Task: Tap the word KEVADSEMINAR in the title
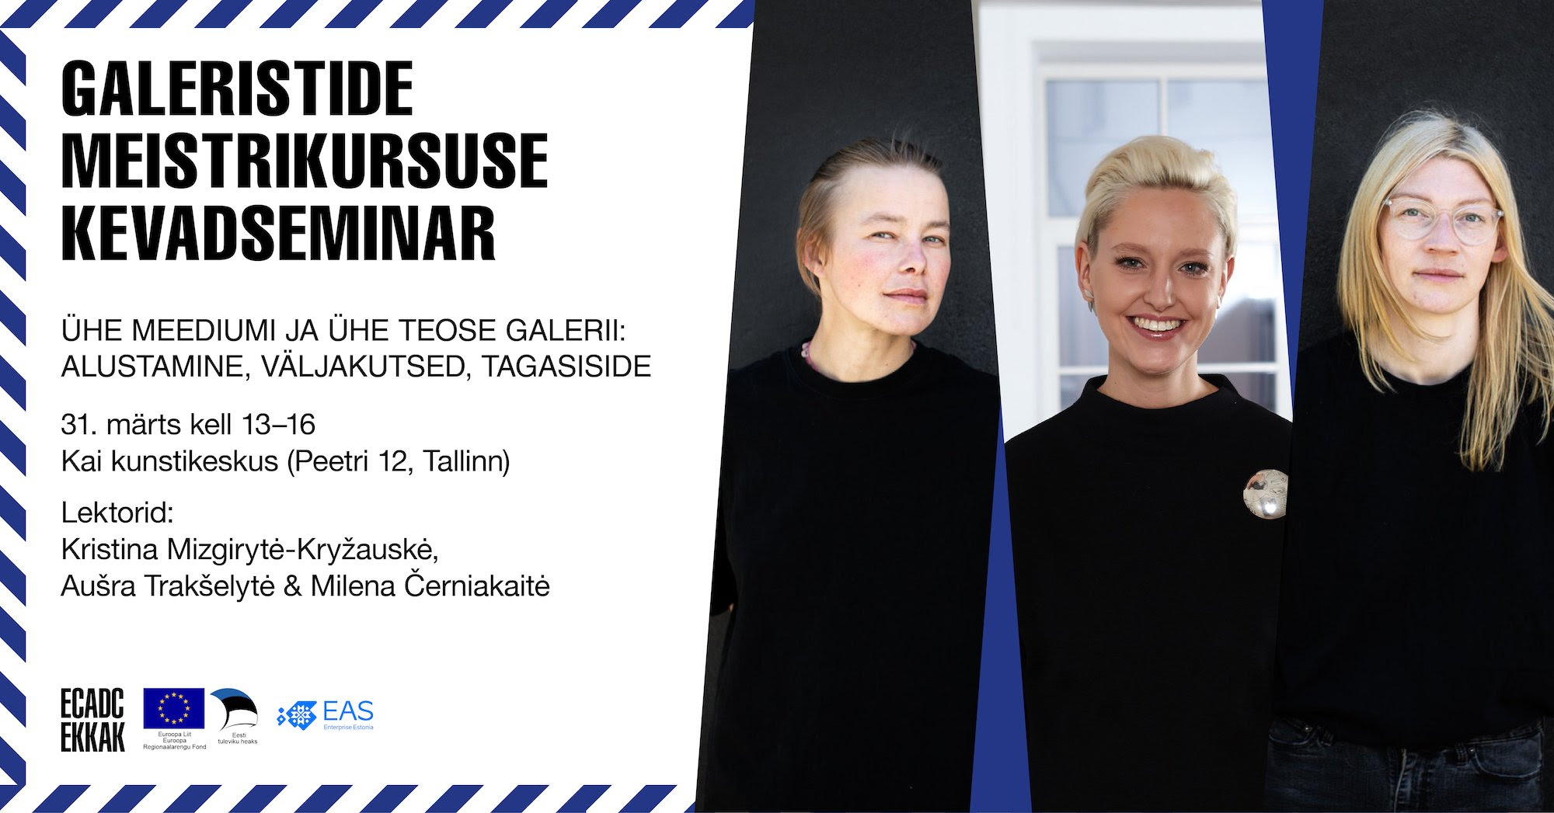278,232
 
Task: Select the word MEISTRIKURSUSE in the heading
305,161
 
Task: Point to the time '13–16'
278,425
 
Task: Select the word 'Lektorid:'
117,513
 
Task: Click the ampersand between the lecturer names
293,586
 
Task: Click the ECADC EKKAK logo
92,721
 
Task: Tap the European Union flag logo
174,708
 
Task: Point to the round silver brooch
1265,494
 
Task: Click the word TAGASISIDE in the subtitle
566,367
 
